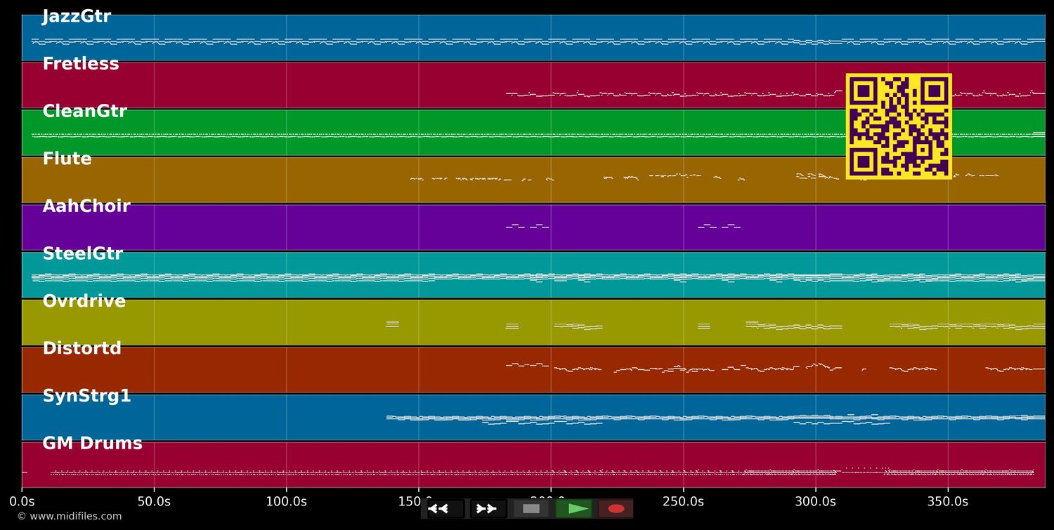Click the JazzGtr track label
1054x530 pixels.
point(77,17)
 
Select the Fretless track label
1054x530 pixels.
point(81,64)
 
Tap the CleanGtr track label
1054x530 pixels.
point(84,112)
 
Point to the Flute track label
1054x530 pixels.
point(67,159)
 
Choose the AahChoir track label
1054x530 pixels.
point(86,206)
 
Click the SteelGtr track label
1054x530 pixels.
point(82,254)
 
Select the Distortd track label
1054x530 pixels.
point(82,349)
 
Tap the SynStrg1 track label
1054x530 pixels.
point(86,396)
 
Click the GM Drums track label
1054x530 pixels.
point(92,444)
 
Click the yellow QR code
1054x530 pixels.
point(899,126)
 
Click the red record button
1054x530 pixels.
point(616,509)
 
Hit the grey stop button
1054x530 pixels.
point(531,509)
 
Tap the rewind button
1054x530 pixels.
point(445,509)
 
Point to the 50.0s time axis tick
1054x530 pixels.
point(154,502)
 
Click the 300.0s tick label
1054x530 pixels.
point(815,502)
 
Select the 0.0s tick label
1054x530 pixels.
point(22,502)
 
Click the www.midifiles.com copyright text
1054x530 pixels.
point(69,517)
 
